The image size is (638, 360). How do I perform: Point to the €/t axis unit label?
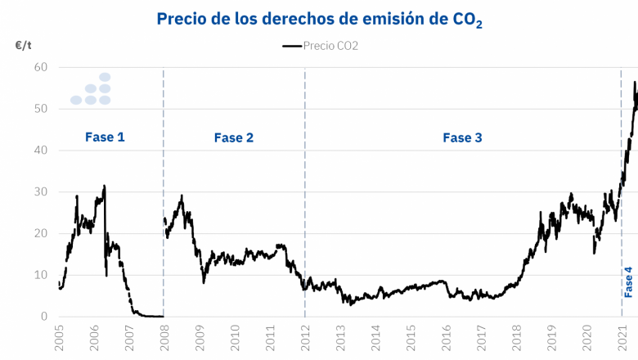pyautogui.click(x=24, y=47)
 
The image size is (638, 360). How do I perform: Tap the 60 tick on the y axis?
pyautogui.click(x=41, y=67)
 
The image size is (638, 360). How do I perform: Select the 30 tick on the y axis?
pyautogui.click(x=41, y=191)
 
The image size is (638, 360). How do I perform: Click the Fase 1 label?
pyautogui.click(x=105, y=137)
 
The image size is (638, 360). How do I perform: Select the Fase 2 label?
pyautogui.click(x=234, y=137)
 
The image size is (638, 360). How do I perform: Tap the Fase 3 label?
pyautogui.click(x=462, y=137)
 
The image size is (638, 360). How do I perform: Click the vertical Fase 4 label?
pyautogui.click(x=628, y=281)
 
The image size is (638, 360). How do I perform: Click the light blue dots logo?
pyautogui.click(x=92, y=89)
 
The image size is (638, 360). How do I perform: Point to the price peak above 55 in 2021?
pyautogui.click(x=635, y=83)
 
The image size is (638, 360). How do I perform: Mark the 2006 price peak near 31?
pyautogui.click(x=104, y=187)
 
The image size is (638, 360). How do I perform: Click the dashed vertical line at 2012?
pyautogui.click(x=305, y=205)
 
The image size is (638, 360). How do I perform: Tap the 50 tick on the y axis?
pyautogui.click(x=41, y=109)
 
